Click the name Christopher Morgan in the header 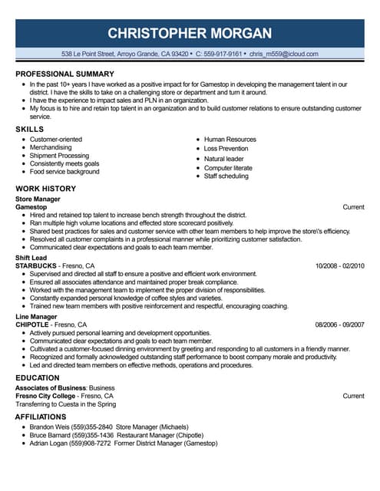click(x=190, y=32)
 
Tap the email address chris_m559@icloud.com click(x=283, y=54)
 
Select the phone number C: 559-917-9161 click(x=219, y=54)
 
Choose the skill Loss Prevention click(x=226, y=149)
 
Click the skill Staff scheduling click(x=226, y=176)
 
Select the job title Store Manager click(x=38, y=199)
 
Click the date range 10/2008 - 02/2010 click(x=339, y=265)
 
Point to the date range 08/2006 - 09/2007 click(x=339, y=325)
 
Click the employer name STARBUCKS click(x=36, y=265)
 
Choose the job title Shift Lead click(x=30, y=258)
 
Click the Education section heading click(x=37, y=377)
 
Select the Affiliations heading click(x=40, y=416)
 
